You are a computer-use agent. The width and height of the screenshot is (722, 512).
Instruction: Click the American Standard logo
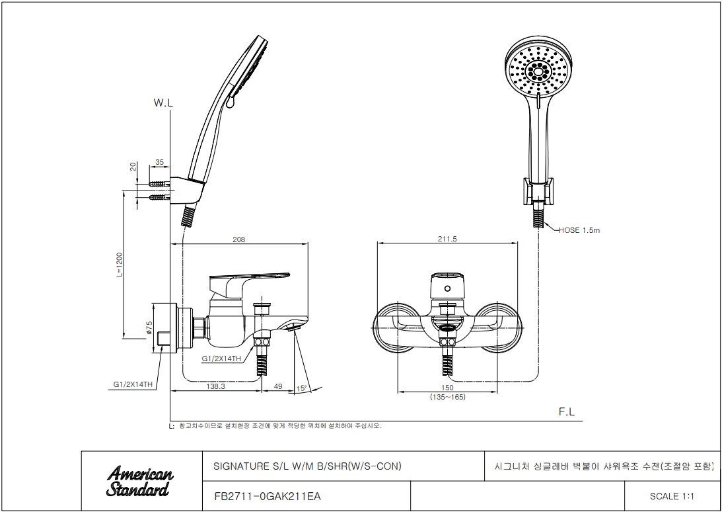pyautogui.click(x=140, y=481)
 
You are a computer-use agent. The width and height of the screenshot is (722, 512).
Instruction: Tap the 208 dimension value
pyautogui.click(x=239, y=239)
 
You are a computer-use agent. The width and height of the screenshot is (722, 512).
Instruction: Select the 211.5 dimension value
pyautogui.click(x=447, y=239)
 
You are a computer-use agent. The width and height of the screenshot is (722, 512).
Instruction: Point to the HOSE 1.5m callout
pyautogui.click(x=579, y=230)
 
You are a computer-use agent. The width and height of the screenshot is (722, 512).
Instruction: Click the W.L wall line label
pyautogui.click(x=163, y=103)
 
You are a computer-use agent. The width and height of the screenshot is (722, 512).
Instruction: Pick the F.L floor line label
pyautogui.click(x=566, y=412)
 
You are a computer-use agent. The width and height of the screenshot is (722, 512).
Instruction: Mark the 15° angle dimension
pyautogui.click(x=302, y=388)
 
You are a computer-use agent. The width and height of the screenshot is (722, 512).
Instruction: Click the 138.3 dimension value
pyautogui.click(x=215, y=386)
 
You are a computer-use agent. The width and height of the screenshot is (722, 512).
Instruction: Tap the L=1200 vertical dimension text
pyautogui.click(x=120, y=265)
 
